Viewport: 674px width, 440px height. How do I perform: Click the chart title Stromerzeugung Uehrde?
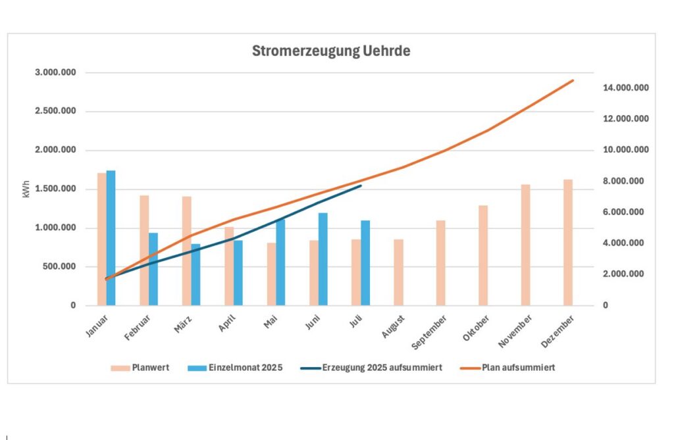[330, 51]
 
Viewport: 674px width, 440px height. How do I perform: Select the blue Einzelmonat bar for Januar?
[111, 238]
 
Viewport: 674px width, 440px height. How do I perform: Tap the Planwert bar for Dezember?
[567, 243]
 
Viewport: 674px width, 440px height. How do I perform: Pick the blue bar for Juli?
[365, 263]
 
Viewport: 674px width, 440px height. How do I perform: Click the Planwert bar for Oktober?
[483, 256]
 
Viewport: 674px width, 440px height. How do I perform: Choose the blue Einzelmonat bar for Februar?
[153, 269]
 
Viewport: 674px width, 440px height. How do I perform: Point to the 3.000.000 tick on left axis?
[55, 72]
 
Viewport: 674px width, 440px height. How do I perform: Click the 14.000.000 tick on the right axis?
[626, 88]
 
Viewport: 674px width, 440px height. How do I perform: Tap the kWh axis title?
[26, 189]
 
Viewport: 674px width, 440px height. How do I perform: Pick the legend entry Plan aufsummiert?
[518, 368]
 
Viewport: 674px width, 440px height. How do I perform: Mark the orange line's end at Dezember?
[573, 80]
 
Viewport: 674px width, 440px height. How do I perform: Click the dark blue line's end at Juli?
[361, 185]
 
